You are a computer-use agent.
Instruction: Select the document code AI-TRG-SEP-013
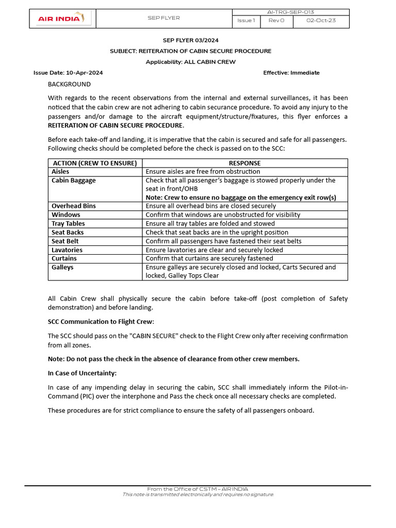pos(291,12)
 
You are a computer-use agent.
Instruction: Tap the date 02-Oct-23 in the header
pos(321,21)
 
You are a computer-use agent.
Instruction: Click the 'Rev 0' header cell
pos(274,21)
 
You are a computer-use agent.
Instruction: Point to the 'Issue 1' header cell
pos(246,21)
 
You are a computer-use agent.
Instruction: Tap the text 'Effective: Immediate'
pos(291,73)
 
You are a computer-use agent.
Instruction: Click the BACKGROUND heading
pos(69,84)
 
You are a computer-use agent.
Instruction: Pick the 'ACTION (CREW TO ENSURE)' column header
pos(95,163)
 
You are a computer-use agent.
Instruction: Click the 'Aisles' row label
pos(60,172)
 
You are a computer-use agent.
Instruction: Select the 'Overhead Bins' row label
pos(74,206)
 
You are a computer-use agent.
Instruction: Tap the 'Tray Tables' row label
pos(68,223)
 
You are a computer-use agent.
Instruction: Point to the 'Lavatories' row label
pos(67,250)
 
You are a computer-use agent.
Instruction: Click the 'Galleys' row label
pos(62,267)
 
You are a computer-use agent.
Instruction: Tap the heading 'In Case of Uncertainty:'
pos(82,373)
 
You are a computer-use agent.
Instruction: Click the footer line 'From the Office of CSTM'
pos(197,489)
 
